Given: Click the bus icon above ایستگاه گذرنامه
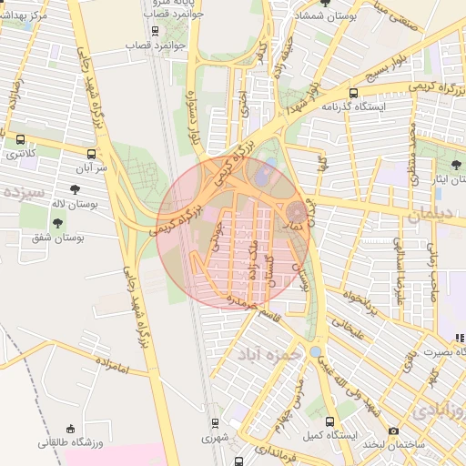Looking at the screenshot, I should [x=353, y=92].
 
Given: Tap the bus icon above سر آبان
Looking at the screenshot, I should [x=91, y=154].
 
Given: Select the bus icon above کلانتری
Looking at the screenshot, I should [x=21, y=140].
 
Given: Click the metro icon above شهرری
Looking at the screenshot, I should [x=215, y=423].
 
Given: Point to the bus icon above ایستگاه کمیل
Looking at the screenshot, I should [x=329, y=422].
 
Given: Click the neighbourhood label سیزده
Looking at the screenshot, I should [x=24, y=193].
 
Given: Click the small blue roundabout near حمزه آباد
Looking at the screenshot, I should [x=315, y=351].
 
